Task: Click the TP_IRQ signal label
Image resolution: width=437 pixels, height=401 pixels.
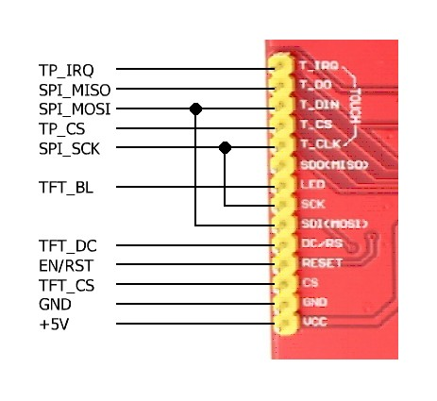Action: [x=65, y=70]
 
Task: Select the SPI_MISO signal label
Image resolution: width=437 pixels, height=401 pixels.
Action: [x=73, y=90]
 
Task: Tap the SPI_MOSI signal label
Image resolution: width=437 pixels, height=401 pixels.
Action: [x=74, y=109]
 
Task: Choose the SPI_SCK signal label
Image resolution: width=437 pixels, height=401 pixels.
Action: [x=69, y=149]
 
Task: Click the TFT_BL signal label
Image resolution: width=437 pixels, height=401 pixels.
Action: [x=64, y=188]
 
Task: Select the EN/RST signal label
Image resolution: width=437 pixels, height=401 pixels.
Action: [x=65, y=266]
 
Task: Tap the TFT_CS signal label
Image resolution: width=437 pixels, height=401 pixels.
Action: [x=65, y=285]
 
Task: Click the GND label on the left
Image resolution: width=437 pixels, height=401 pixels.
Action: [x=55, y=305]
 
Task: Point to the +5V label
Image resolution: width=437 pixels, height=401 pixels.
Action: [x=53, y=325]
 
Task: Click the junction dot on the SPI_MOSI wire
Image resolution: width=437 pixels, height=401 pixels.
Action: [x=195, y=109]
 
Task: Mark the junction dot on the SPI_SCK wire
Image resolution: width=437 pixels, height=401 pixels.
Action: [x=225, y=148]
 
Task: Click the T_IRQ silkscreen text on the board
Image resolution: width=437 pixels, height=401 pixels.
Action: [x=317, y=67]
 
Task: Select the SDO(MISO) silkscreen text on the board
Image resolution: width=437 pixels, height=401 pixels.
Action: [x=333, y=164]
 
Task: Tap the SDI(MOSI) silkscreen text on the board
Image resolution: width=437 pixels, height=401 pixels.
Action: [x=333, y=224]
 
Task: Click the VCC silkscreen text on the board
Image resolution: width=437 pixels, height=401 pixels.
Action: [x=312, y=323]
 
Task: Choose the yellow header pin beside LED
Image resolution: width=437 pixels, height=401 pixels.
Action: [x=281, y=185]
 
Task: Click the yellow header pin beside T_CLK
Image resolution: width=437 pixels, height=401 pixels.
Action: [x=281, y=144]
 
